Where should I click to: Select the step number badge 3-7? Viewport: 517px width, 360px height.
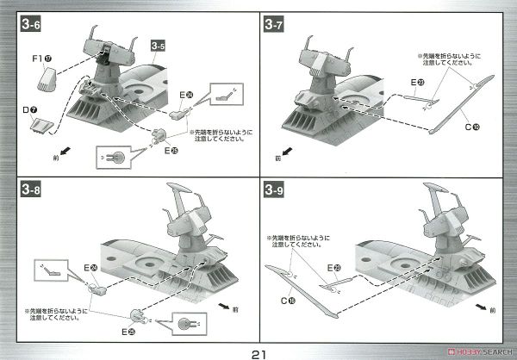[277, 25]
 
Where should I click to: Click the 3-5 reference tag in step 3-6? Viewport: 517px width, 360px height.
[159, 44]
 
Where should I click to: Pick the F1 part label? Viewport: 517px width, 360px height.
[34, 60]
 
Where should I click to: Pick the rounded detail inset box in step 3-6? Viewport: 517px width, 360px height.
[114, 157]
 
